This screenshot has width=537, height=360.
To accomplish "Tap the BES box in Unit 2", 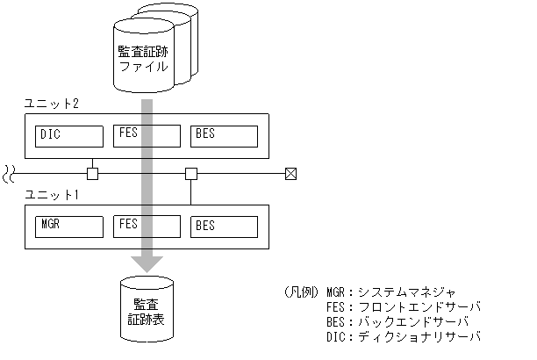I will point(224,136).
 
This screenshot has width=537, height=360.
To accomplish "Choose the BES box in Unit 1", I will point(224,226).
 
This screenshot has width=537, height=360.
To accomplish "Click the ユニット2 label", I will point(51,104).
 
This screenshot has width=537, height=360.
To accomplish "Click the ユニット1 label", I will point(51,194).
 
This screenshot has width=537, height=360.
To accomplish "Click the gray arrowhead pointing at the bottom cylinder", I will point(147,263).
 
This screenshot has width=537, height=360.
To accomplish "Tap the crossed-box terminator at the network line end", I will point(291,173).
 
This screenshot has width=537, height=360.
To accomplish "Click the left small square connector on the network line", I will point(93,173).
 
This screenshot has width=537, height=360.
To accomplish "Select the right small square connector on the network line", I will point(191,173).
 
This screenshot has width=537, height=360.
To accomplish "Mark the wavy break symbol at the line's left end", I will point(10,172).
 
